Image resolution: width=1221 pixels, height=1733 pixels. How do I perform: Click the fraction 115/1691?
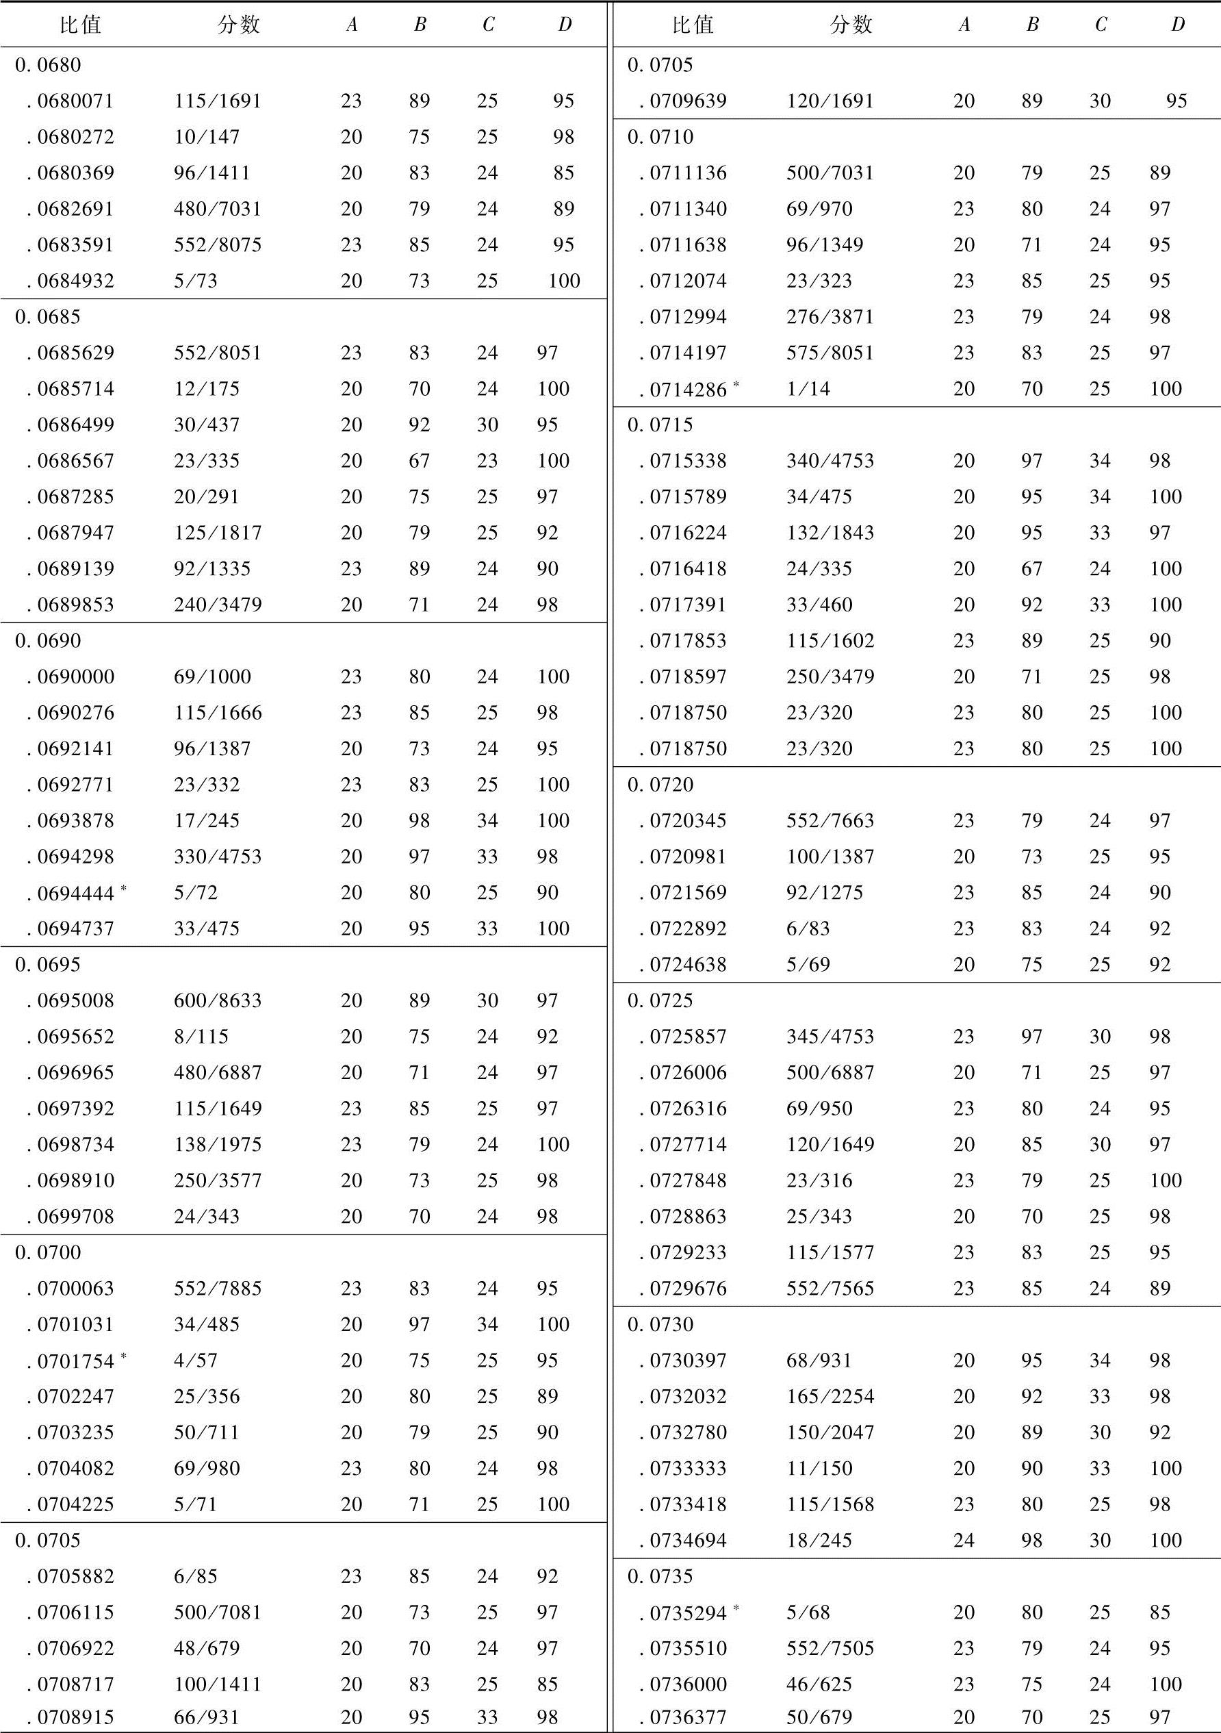click(218, 101)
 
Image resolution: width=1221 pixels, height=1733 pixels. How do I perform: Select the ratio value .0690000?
click(71, 677)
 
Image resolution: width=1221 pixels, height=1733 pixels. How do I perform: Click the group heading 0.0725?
click(660, 1001)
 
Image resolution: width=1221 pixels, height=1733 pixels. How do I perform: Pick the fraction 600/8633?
click(218, 1001)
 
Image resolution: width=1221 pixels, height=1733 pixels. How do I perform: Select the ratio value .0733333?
click(683, 1469)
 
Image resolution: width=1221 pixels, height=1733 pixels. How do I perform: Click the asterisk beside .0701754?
click(123, 1356)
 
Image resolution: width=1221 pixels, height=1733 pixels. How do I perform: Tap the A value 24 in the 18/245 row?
click(964, 1541)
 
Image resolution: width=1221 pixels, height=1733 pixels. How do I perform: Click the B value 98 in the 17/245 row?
click(420, 821)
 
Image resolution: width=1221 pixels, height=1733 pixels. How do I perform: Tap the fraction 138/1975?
click(218, 1145)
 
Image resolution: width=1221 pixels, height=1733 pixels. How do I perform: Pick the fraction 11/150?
click(819, 1469)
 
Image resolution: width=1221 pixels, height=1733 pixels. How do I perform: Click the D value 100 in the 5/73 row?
click(564, 281)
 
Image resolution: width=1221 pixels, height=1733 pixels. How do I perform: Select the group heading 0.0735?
click(660, 1577)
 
